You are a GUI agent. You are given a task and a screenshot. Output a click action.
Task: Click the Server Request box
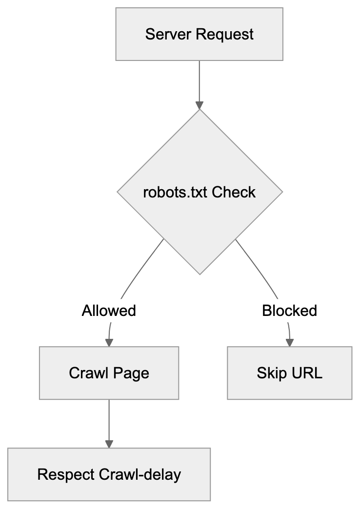click(199, 34)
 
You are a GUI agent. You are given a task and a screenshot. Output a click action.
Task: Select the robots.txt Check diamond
click(199, 192)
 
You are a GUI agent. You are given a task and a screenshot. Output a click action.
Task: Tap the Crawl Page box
click(109, 373)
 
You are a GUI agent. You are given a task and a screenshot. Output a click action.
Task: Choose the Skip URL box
click(289, 373)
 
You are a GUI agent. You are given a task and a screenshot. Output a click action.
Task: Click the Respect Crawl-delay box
click(109, 474)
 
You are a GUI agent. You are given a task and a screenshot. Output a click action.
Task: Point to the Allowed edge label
click(109, 311)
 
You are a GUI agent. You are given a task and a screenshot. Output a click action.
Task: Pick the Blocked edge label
click(289, 311)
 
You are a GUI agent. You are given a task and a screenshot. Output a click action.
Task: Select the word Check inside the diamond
click(234, 192)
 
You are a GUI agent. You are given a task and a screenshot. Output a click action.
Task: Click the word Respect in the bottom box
click(66, 474)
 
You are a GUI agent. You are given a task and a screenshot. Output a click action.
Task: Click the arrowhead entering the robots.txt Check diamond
click(199, 105)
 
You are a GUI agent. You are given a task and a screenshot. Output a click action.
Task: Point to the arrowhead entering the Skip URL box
click(290, 342)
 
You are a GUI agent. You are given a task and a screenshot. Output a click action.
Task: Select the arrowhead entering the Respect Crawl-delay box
click(109, 444)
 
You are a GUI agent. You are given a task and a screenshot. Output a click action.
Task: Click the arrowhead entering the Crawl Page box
click(109, 342)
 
